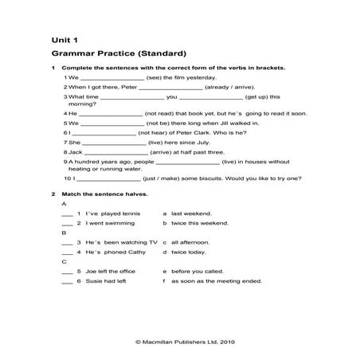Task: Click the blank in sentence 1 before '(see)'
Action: coord(112,78)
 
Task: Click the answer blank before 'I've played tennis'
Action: coord(67,214)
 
